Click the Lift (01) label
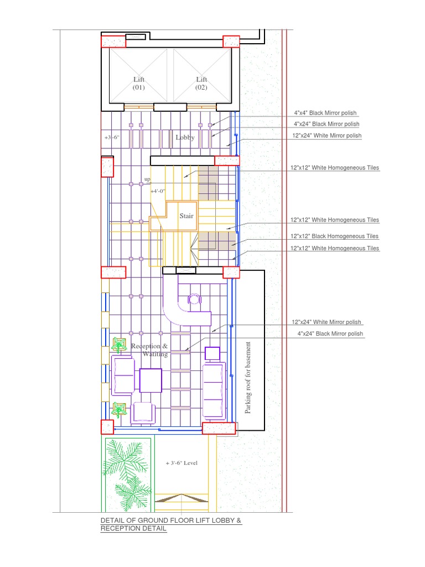point(139,83)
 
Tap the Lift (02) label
point(201,83)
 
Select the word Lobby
point(185,137)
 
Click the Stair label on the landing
point(186,216)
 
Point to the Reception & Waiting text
point(149,350)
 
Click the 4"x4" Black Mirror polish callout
point(325,113)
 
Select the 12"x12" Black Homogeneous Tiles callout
point(335,236)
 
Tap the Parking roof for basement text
point(247,378)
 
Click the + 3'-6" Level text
point(182,463)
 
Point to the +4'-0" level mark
point(158,191)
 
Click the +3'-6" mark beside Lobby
point(112,137)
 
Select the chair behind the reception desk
point(194,300)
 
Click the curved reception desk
point(177,314)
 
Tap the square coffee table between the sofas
point(151,380)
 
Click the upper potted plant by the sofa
point(118,345)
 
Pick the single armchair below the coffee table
point(143,413)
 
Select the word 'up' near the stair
point(147,179)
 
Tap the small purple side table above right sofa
point(212,353)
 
